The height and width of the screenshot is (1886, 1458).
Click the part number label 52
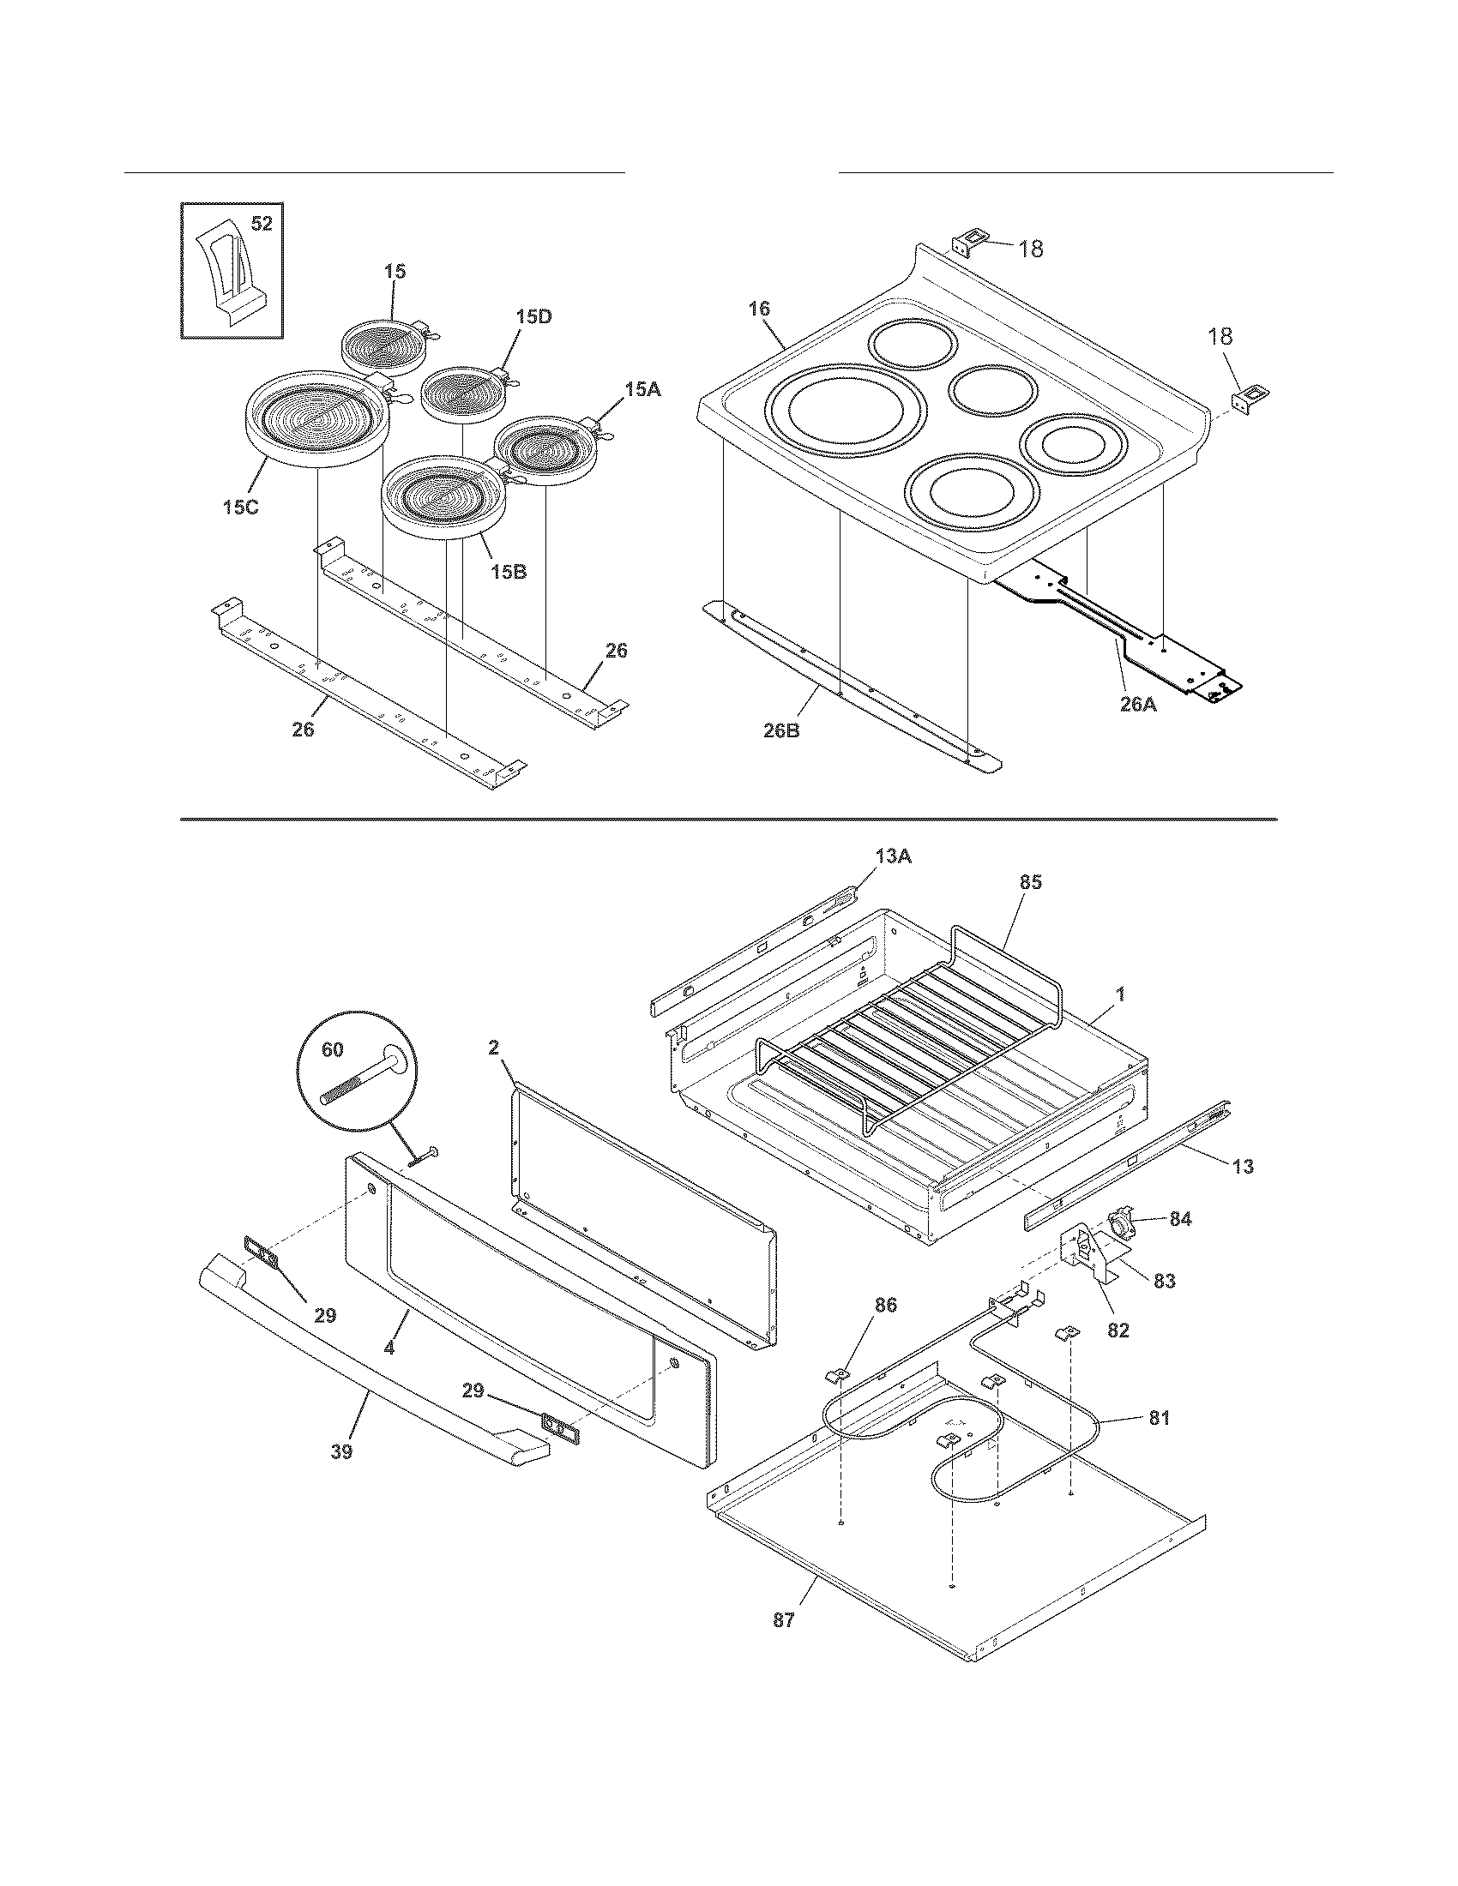(261, 225)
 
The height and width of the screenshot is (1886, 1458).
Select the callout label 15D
(533, 317)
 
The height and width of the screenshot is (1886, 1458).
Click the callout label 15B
(509, 572)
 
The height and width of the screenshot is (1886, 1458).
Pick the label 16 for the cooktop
(759, 309)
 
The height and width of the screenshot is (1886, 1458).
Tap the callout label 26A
(1137, 705)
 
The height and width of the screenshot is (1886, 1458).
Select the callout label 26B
(782, 731)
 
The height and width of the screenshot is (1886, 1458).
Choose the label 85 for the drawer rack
(1030, 882)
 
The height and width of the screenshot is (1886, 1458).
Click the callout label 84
(1180, 1218)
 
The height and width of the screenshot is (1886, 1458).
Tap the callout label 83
(1165, 1281)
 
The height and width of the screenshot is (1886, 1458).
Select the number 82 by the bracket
(1118, 1330)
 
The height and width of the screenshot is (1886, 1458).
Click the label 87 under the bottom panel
(783, 1621)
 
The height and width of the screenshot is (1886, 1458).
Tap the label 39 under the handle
(341, 1451)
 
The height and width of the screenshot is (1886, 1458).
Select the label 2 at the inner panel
(493, 1048)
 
